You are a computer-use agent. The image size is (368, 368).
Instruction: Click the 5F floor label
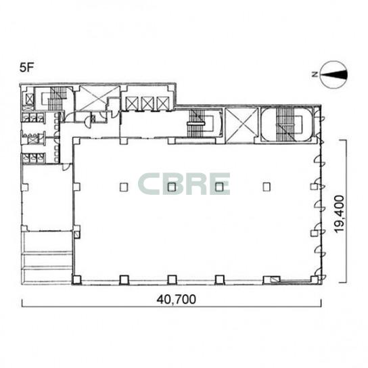point(27,68)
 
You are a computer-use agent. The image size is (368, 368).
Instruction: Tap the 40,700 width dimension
point(177,300)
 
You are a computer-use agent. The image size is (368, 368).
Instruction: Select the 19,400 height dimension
point(340,213)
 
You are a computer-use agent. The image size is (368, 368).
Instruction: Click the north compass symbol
point(333,74)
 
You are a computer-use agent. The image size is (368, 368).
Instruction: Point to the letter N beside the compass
point(315,74)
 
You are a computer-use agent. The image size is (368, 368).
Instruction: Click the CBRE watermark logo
point(184,184)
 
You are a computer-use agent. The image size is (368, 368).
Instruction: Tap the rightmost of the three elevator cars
point(163,103)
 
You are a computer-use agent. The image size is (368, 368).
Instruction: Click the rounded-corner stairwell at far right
point(287,124)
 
